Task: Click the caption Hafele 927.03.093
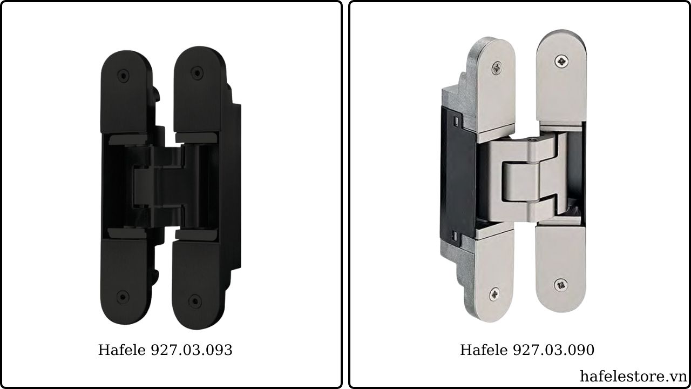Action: pos(165,350)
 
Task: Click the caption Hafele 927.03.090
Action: pos(527,350)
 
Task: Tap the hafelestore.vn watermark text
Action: pos(633,377)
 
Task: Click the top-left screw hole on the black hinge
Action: pos(124,76)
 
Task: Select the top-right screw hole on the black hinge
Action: pos(197,73)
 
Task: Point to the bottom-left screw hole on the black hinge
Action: pos(123,297)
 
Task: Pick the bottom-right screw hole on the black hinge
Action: pos(195,301)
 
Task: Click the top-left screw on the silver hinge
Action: pos(497,68)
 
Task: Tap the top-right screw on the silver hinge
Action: pos(562,62)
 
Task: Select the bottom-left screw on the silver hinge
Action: pos(495,294)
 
